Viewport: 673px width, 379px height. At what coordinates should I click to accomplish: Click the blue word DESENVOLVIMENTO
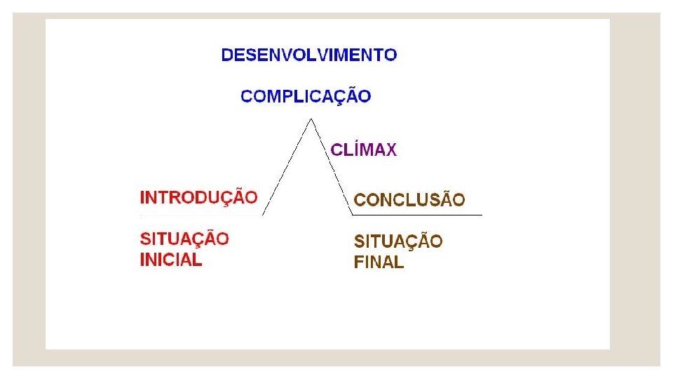[309, 55]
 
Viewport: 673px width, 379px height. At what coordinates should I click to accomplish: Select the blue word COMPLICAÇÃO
[306, 96]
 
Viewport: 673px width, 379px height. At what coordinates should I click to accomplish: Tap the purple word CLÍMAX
[363, 149]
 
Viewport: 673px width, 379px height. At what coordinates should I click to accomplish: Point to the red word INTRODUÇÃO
[198, 197]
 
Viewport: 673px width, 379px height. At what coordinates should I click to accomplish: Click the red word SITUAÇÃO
[184, 239]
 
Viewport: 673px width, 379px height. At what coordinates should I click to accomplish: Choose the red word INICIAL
[171, 260]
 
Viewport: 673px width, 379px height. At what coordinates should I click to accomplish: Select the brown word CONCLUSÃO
[409, 200]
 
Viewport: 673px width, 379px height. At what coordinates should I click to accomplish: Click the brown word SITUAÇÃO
[398, 242]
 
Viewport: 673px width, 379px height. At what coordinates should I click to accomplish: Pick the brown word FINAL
[379, 263]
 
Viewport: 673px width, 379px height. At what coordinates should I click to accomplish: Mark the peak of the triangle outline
[309, 119]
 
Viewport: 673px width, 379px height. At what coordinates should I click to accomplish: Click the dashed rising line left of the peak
[286, 167]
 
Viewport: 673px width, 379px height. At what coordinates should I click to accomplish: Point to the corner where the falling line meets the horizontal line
[353, 214]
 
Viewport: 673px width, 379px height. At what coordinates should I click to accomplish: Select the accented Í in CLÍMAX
[350, 149]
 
